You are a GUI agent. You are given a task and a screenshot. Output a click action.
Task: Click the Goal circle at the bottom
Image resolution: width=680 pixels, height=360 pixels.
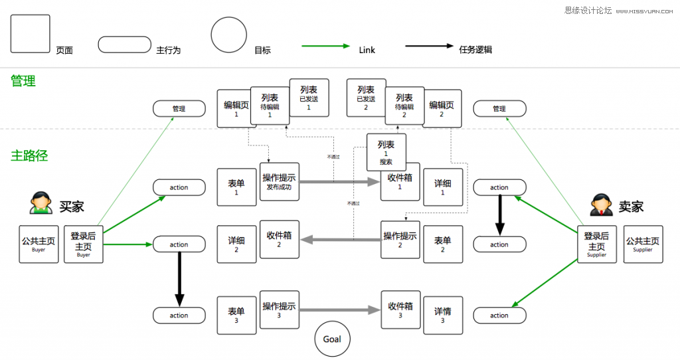click(332, 339)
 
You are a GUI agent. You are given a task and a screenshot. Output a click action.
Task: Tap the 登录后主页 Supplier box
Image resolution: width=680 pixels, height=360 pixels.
click(596, 244)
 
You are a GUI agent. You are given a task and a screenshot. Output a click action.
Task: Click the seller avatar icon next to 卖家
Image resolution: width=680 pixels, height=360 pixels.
click(601, 204)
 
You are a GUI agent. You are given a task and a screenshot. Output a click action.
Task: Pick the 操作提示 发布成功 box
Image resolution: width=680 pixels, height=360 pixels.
click(280, 181)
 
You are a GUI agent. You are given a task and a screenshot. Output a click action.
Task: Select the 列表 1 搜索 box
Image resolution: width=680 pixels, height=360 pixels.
click(386, 151)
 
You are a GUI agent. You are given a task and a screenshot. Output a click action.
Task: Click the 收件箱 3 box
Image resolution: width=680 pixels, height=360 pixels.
click(400, 310)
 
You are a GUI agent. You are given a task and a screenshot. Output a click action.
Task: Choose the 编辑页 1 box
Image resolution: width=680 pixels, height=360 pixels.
click(236, 108)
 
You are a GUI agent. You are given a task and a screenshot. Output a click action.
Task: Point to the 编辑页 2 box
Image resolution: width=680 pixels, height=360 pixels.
click(442, 108)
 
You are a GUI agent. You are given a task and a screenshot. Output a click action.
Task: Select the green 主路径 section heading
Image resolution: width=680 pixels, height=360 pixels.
click(29, 155)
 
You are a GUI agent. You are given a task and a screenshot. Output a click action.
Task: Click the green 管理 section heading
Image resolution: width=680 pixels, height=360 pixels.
click(23, 81)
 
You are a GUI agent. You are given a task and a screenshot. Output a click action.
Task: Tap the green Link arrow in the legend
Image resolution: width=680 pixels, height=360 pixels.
click(325, 46)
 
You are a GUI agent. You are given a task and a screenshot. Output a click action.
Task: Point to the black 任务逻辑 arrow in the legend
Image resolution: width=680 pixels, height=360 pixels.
click(429, 46)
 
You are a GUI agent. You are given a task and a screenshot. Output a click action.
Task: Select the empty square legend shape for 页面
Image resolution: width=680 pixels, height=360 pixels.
click(31, 34)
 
